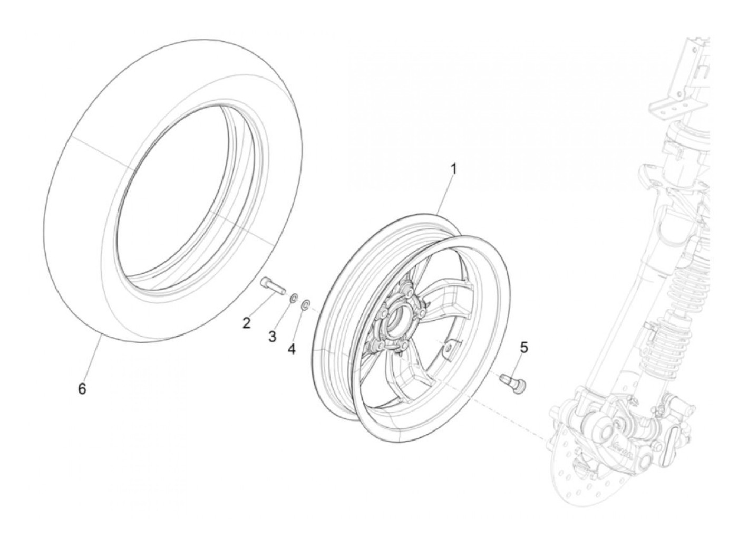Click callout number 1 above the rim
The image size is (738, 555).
453,169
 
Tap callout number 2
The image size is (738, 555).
247,323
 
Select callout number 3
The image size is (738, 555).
272,337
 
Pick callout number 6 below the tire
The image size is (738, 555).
82,389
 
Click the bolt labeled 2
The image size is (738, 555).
272,286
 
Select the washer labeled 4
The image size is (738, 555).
305,305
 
